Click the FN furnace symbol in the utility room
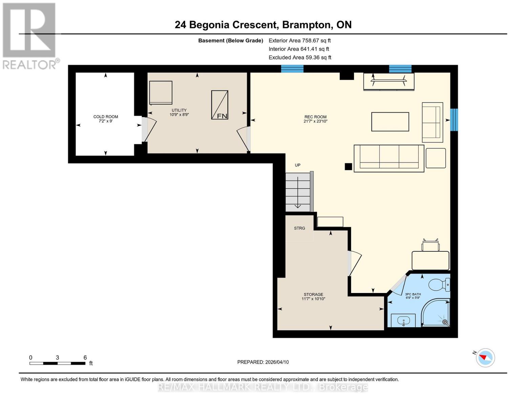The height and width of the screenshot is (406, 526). click(219, 105)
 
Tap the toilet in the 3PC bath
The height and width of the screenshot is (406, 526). click(439, 285)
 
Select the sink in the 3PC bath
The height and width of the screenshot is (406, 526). click(403, 320)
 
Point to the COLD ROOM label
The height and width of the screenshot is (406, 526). click(106, 117)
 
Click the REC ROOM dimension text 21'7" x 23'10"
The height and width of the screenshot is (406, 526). click(315, 121)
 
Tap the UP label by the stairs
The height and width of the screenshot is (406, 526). click(297, 165)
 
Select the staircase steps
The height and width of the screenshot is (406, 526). click(298, 192)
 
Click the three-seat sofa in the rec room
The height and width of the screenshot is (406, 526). click(389, 158)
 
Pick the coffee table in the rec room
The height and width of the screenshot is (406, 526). click(390, 121)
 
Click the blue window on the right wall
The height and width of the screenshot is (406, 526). click(454, 119)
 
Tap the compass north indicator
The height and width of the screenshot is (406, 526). click(485, 357)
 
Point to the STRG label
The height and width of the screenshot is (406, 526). click(299, 228)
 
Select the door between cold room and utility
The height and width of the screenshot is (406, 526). click(148, 129)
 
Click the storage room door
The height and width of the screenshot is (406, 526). click(354, 263)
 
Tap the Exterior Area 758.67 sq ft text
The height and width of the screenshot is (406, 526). click(299, 41)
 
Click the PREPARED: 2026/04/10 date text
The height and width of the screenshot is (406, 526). click(263, 362)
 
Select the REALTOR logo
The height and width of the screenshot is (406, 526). click(30, 36)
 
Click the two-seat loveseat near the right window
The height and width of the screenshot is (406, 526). click(432, 122)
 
